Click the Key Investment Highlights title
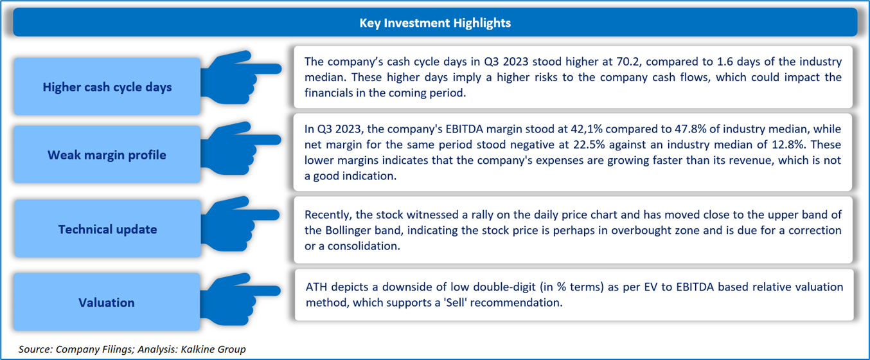[435, 23]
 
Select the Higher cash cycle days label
[107, 87]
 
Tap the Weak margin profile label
[107, 155]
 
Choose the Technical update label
[107, 230]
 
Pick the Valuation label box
[107, 302]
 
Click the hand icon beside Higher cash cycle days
[241, 78]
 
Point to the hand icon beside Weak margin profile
[241, 148]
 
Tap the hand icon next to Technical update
[241, 224]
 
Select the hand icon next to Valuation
[241, 299]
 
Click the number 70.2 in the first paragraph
[628, 62]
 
